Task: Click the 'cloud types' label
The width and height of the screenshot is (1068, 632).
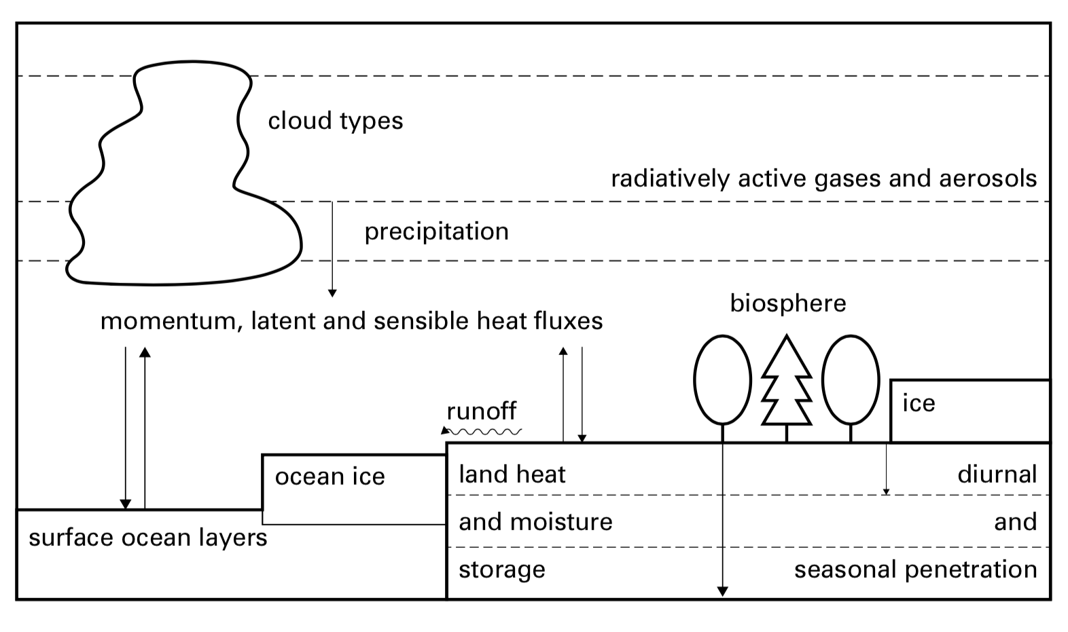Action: click(x=335, y=121)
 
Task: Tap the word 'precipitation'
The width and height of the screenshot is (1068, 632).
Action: click(x=436, y=231)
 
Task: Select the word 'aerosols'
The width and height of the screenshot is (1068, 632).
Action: click(x=988, y=179)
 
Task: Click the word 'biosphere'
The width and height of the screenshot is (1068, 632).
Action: click(x=788, y=303)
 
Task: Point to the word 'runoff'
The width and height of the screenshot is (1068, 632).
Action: click(x=481, y=411)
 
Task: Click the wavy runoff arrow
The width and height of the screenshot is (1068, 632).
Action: click(x=482, y=431)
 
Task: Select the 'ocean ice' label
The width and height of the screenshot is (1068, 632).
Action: click(x=330, y=477)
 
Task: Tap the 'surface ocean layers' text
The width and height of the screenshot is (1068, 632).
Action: click(x=147, y=538)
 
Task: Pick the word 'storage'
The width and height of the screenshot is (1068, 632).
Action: click(x=501, y=569)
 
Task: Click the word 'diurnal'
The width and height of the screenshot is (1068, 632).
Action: click(x=997, y=474)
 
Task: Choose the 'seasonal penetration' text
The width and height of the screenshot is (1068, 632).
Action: click(x=915, y=569)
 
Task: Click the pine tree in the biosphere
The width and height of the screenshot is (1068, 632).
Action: click(x=787, y=384)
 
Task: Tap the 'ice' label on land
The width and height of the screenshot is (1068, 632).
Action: click(x=919, y=403)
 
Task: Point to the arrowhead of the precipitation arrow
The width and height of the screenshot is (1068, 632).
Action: click(x=332, y=293)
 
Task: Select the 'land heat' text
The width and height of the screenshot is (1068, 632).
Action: click(x=512, y=474)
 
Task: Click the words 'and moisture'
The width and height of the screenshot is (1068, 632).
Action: click(x=535, y=521)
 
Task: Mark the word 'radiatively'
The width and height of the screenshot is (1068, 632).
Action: click(x=670, y=179)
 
